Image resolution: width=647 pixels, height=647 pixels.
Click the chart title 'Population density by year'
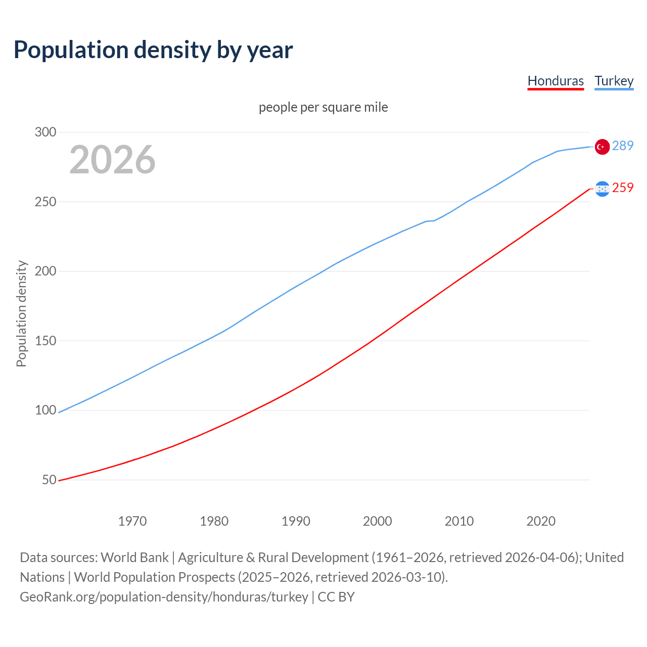pos(153,50)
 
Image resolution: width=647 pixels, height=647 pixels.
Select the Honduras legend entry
pos(556,81)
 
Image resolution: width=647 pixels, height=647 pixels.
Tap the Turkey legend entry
pos(614,81)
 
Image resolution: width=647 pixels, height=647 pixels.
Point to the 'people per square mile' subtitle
pos(323,107)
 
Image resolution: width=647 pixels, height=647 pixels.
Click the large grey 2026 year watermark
pos(112,160)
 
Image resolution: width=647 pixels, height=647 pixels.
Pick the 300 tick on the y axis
pos(45,132)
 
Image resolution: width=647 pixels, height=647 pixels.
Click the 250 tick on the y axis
pos(45,202)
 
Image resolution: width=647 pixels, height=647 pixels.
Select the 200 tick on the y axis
pos(45,271)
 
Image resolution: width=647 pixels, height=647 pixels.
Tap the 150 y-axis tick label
pos(45,341)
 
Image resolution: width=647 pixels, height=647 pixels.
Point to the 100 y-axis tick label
pos(45,410)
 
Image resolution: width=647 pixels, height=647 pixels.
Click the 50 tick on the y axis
pos(49,480)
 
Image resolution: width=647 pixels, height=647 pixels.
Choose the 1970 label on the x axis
pos(132,521)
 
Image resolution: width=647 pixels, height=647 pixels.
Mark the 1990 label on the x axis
pos(296,521)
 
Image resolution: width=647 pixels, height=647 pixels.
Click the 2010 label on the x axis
pos(459,521)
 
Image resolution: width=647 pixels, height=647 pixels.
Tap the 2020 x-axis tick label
pos(541,521)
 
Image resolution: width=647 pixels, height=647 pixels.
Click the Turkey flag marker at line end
pos(602,147)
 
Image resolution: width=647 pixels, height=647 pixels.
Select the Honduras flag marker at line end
pos(602,189)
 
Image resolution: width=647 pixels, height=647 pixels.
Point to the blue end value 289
pos(623,146)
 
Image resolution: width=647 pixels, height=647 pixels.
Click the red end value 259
pos(623,188)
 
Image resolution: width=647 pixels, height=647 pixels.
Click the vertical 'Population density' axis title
pos(21,313)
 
